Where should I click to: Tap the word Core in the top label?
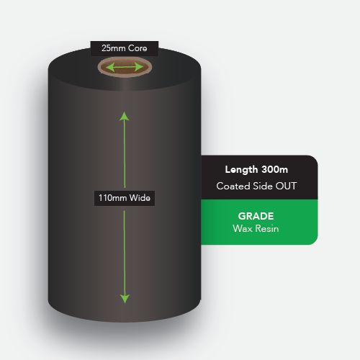click(138, 48)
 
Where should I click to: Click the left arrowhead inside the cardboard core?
click(110, 67)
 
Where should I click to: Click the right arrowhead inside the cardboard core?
click(139, 67)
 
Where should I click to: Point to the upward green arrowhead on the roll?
click(125, 117)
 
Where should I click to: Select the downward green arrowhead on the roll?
click(125, 299)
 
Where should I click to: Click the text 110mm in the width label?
click(113, 198)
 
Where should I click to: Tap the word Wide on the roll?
click(140, 198)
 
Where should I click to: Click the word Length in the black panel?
click(241, 170)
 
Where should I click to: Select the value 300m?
click(274, 169)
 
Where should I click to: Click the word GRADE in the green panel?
click(256, 216)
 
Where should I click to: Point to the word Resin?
click(266, 228)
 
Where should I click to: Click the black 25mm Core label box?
click(125, 48)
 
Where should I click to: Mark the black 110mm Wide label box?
click(125, 198)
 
